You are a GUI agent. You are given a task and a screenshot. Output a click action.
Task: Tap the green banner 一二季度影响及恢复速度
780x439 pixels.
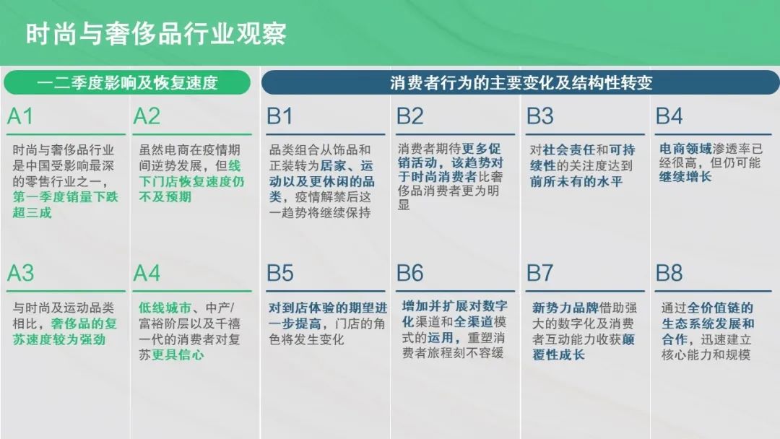pos(127,83)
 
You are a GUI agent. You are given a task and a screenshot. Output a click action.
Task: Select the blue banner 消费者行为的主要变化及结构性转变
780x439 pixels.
pos(521,83)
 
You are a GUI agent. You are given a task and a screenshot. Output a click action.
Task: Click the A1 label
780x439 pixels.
pos(20,117)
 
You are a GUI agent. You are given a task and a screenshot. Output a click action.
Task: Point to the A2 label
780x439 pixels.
pos(147,117)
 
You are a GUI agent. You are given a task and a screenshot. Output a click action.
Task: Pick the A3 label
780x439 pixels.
pos(20,273)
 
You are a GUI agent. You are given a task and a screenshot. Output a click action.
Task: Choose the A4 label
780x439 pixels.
pos(147,273)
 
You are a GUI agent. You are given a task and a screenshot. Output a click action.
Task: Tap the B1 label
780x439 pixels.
pos(280,117)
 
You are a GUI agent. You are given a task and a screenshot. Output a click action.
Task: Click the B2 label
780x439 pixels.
pos(410,117)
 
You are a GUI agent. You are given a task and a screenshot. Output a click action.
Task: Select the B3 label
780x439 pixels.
pos(539,117)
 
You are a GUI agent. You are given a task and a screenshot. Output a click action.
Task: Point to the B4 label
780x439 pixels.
pos(669,117)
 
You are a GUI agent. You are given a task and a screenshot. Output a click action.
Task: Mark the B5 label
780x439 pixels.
pos(280,273)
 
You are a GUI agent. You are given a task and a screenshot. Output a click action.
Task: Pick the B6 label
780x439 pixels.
pos(410,273)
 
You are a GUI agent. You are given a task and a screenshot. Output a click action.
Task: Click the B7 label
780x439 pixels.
pos(539,273)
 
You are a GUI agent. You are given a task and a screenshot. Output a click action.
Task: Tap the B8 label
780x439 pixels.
pos(669,273)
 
